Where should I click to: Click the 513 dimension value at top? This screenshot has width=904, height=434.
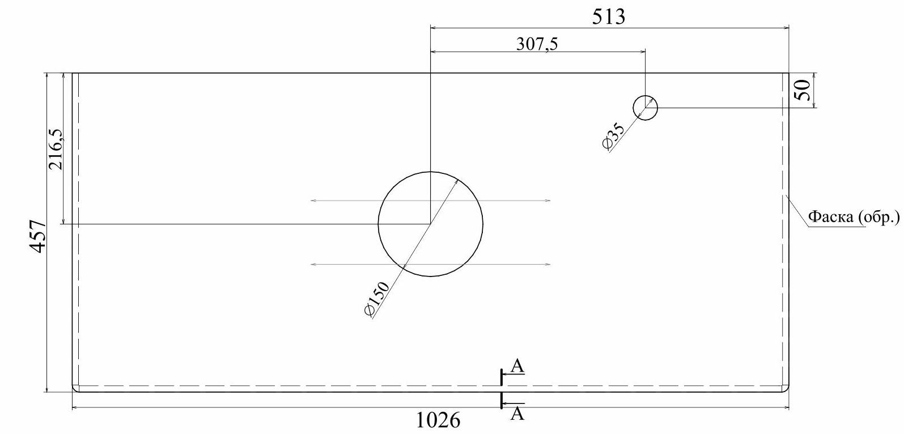click(609, 17)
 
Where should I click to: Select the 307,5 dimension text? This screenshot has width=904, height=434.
click(537, 44)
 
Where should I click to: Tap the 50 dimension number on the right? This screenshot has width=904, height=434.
click(803, 90)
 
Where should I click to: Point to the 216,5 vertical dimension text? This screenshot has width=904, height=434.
click(56, 149)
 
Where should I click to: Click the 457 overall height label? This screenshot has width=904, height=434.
click(39, 236)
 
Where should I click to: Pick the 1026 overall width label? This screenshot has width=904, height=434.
click(438, 421)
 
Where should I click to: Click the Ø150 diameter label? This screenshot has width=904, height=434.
click(376, 299)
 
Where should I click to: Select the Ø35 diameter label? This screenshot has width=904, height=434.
click(613, 136)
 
